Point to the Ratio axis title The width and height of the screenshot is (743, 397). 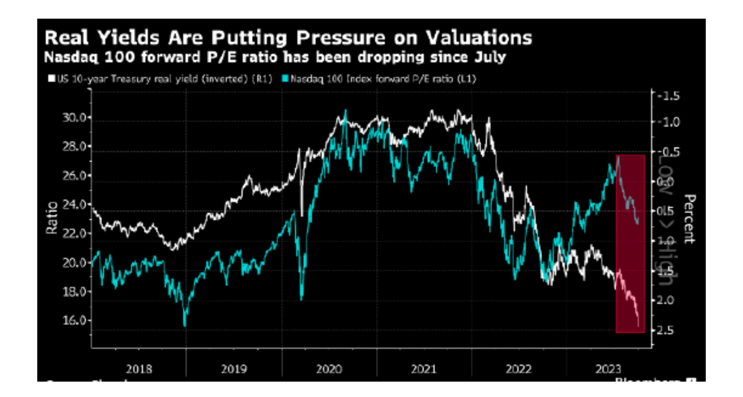click(x=52, y=219)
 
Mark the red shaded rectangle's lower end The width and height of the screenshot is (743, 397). click(x=618, y=331)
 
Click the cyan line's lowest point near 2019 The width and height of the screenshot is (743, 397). click(x=185, y=325)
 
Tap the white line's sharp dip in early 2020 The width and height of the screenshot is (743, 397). click(x=302, y=214)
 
